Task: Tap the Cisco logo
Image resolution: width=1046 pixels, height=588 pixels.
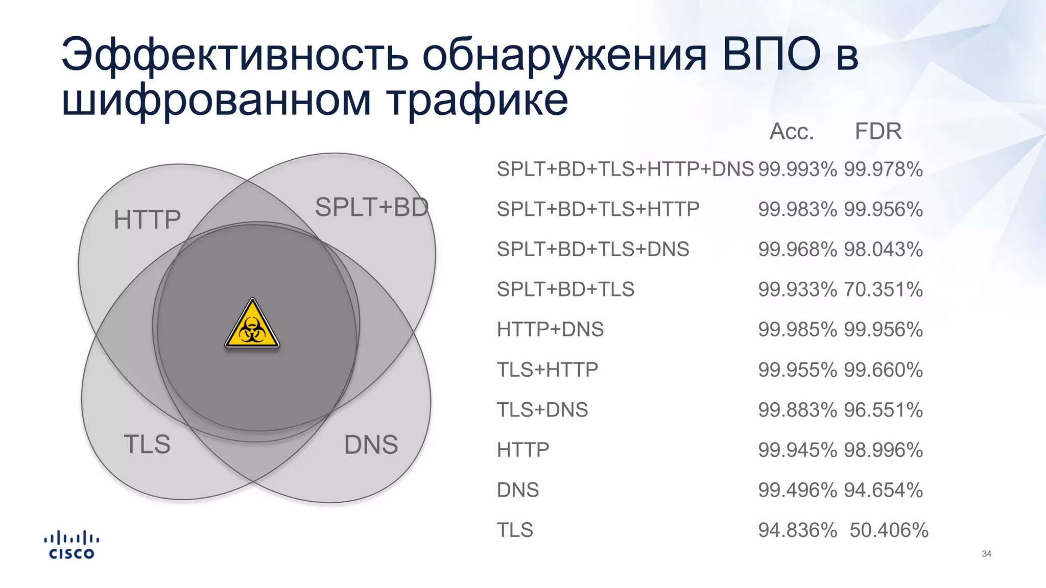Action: [72, 545]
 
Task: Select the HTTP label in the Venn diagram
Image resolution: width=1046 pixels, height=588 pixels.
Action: [147, 219]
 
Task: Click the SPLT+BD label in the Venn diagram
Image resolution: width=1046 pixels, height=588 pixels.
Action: [371, 207]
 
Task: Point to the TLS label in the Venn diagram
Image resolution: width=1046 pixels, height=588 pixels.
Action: [147, 444]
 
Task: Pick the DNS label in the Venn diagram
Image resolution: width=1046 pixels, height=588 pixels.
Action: [371, 445]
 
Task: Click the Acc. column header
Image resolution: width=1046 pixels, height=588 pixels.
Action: [791, 132]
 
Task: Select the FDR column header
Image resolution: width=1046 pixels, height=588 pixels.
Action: [878, 132]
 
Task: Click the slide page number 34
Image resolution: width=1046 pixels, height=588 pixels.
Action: [986, 554]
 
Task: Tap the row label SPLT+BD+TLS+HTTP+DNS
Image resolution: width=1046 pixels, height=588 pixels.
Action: [625, 169]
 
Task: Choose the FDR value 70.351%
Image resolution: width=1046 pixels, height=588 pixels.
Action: [883, 289]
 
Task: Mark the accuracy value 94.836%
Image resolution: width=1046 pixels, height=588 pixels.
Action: [797, 530]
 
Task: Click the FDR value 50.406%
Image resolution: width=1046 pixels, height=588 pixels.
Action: [889, 530]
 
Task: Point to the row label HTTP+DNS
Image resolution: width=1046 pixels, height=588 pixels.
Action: [550, 330]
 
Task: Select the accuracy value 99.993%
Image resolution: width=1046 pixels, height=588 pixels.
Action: [797, 169]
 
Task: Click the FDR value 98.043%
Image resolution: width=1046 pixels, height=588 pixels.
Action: [883, 250]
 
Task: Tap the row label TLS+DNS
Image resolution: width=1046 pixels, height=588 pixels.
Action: [542, 410]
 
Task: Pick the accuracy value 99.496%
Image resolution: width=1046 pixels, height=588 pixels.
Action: [797, 490]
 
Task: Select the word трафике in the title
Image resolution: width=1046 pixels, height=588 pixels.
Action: [477, 99]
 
